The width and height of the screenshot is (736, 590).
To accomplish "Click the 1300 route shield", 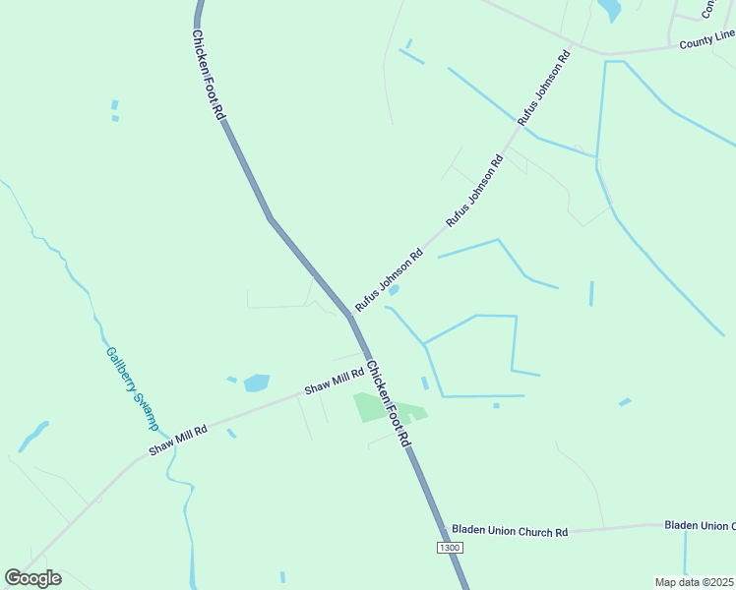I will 450,546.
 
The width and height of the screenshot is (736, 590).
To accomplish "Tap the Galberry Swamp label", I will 131,387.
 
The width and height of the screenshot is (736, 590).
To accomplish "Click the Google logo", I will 32,578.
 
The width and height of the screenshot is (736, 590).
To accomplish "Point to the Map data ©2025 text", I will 695,582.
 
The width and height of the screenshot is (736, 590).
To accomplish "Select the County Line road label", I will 706,39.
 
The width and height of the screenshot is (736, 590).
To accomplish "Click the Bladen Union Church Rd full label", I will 510,531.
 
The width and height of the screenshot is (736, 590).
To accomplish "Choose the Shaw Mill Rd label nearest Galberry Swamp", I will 178,440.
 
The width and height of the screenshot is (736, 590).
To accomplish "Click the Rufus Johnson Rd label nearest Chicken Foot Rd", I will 389,279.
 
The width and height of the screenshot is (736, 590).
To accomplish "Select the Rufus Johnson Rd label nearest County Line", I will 544,88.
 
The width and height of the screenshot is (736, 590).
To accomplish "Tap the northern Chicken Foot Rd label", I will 209,75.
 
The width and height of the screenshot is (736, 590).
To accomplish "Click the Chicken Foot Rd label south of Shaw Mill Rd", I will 387,404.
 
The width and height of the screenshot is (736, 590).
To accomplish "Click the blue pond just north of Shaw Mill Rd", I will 257,383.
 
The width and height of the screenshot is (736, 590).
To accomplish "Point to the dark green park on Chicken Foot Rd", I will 370,406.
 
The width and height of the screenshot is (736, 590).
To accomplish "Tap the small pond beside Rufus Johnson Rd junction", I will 394,290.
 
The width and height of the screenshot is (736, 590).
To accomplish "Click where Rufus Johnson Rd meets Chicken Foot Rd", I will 350,317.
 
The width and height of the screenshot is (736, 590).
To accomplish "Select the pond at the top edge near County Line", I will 610,10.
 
